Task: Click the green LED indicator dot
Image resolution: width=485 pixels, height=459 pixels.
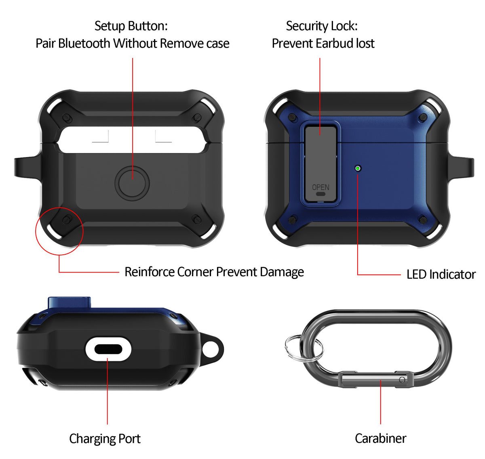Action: (357, 168)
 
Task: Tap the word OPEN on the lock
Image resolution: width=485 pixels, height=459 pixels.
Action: (320, 187)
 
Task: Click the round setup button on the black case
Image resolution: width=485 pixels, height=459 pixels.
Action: (132, 183)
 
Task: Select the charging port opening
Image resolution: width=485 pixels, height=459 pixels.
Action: (108, 349)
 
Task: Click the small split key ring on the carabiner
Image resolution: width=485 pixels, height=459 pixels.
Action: (286, 345)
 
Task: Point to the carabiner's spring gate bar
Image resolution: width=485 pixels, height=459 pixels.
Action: (376, 379)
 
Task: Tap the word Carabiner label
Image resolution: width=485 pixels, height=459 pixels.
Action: (380, 438)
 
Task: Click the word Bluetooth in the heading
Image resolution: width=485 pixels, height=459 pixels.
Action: (84, 43)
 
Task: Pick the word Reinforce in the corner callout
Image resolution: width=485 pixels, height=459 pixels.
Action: (149, 272)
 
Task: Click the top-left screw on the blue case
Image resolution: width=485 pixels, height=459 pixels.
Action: (293, 117)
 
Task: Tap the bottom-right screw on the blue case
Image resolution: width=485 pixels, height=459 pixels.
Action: (423, 220)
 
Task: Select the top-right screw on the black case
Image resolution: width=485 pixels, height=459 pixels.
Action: (196, 118)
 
